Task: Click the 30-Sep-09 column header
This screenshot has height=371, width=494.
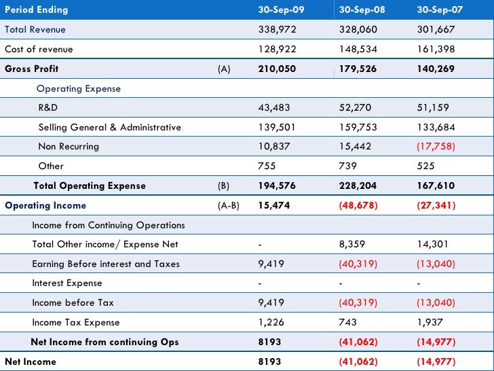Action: click(281, 10)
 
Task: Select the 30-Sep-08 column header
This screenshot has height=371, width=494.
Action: click(361, 10)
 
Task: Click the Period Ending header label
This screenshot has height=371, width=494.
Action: click(37, 10)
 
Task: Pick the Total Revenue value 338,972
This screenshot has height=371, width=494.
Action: click(278, 30)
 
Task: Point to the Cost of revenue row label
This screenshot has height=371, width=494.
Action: click(39, 50)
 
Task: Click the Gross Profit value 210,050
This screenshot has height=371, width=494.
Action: click(280, 69)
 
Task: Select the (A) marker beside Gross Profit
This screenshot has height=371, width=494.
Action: click(224, 69)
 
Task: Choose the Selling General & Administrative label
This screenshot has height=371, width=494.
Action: click(110, 128)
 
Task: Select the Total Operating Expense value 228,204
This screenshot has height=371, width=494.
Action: click(359, 186)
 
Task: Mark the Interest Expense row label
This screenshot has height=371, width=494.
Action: click(67, 283)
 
